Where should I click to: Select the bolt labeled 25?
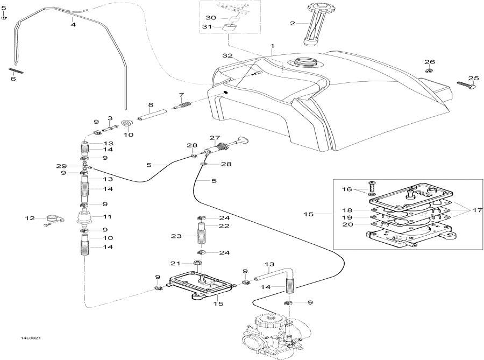(x=467, y=84)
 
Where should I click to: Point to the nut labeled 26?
(x=429, y=71)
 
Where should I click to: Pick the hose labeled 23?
(x=200, y=235)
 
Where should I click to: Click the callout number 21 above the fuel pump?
(x=174, y=263)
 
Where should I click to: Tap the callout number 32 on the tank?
(x=227, y=55)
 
